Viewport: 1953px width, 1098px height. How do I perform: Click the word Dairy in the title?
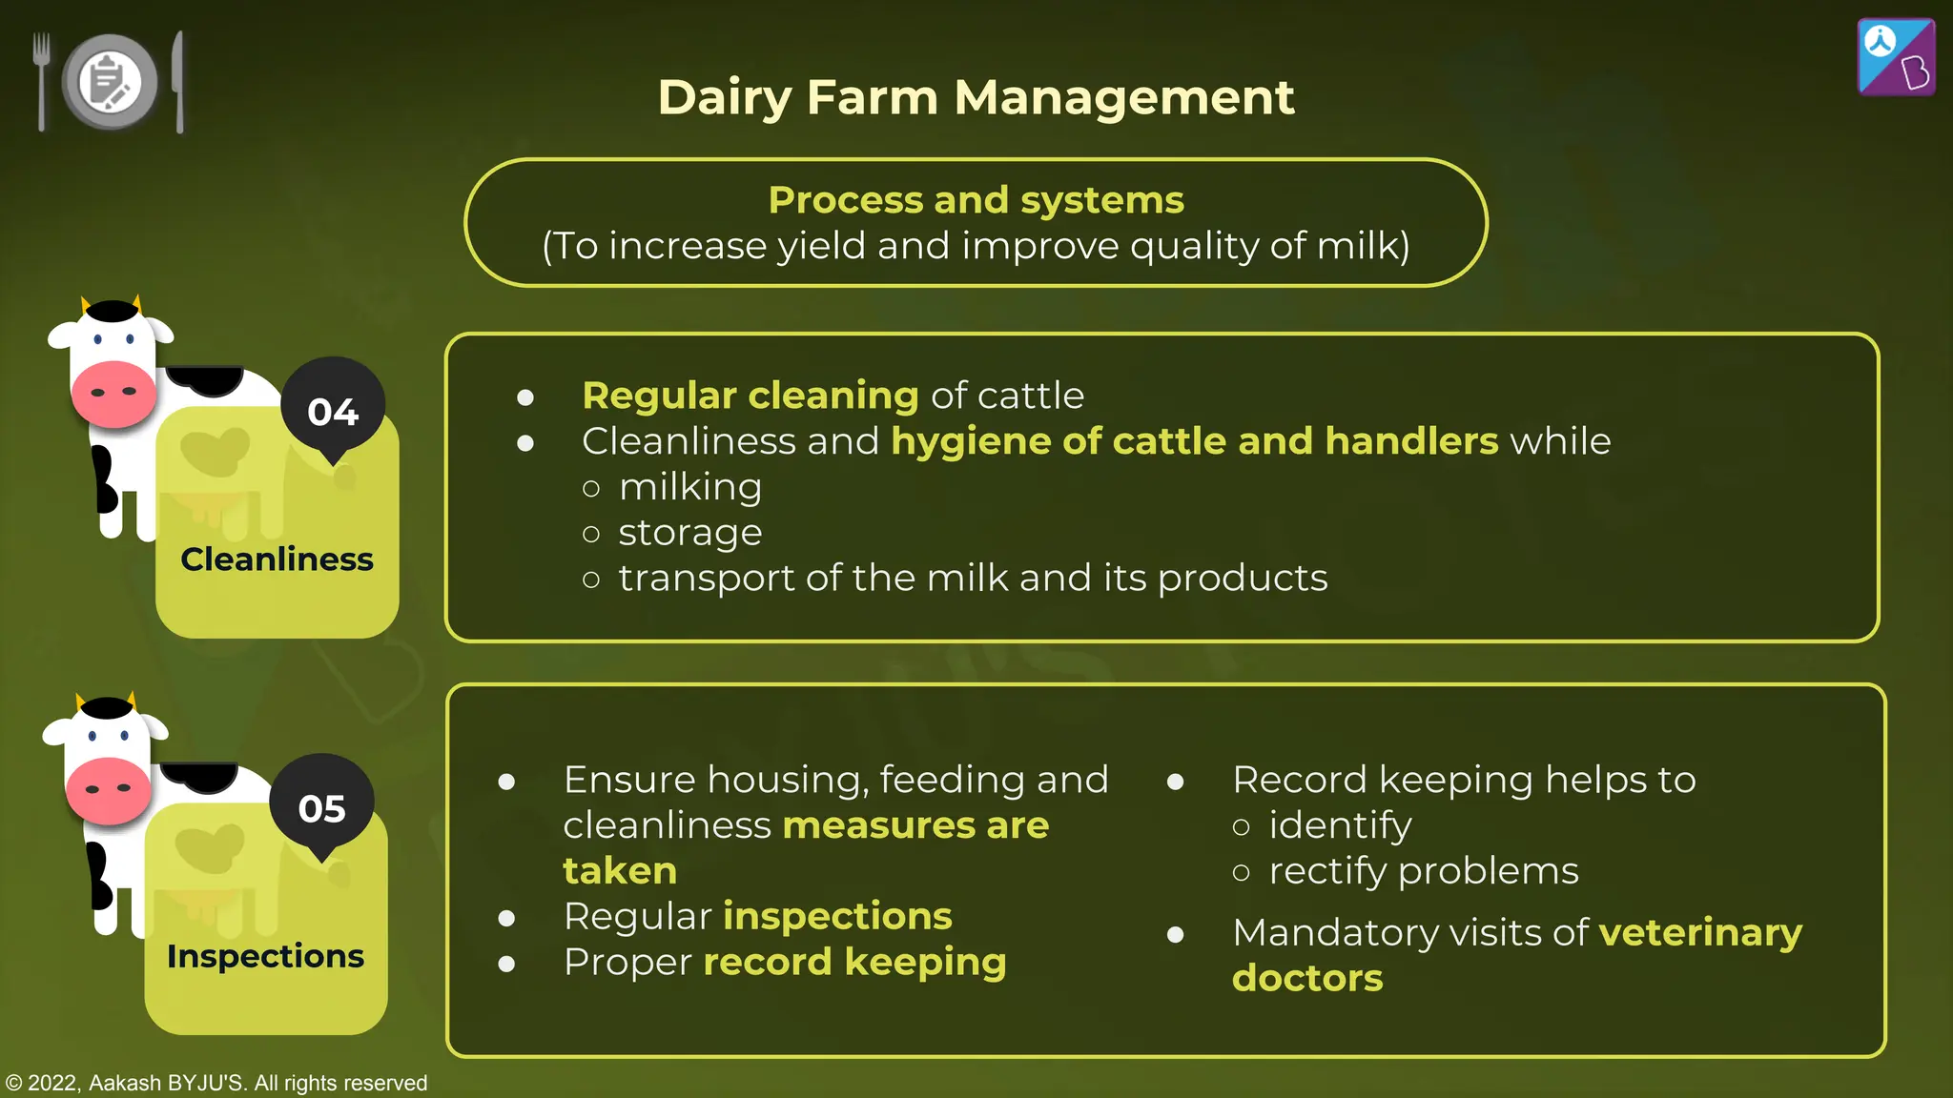(725, 98)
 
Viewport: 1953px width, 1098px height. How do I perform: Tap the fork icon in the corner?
(41, 81)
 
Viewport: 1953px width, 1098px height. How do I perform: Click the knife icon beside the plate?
(178, 81)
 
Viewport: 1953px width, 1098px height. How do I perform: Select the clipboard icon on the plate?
(110, 82)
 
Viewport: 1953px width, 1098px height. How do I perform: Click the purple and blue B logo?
(1896, 57)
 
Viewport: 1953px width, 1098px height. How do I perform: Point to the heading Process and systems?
(976, 200)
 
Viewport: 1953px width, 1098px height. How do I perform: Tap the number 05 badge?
(322, 808)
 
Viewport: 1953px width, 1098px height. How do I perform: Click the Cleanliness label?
(277, 559)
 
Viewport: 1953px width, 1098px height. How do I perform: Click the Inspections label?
(265, 956)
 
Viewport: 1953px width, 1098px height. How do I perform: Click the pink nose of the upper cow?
(113, 393)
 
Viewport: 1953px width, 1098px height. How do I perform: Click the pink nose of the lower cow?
(108, 790)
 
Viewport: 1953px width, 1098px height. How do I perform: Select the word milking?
(690, 487)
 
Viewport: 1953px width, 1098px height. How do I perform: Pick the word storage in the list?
(690, 533)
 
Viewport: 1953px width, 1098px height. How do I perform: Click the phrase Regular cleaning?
(750, 396)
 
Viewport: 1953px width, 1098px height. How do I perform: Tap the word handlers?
(1411, 441)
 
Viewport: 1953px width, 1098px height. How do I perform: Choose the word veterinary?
(1700, 932)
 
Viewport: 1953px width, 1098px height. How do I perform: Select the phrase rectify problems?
(1423, 871)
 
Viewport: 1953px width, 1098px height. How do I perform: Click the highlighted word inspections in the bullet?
(837, 916)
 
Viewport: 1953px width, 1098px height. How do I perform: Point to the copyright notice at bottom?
(216, 1083)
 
